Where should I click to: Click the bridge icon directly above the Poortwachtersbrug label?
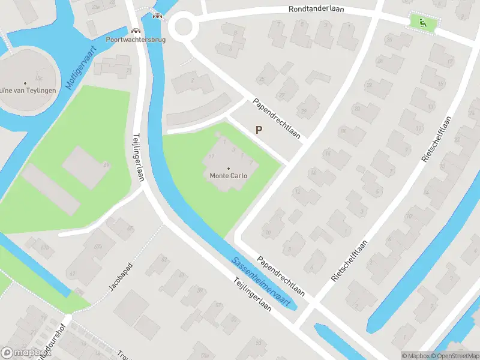[136, 30]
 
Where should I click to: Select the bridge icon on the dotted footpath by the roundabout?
[157, 16]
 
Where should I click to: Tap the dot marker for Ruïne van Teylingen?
[25, 83]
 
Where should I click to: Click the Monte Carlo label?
[228, 176]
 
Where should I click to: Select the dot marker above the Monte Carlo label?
[229, 168]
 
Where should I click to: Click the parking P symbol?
[259, 130]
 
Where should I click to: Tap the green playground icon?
[423, 23]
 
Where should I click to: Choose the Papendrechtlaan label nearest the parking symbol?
[276, 116]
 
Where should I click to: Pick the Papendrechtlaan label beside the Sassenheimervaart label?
[281, 277]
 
